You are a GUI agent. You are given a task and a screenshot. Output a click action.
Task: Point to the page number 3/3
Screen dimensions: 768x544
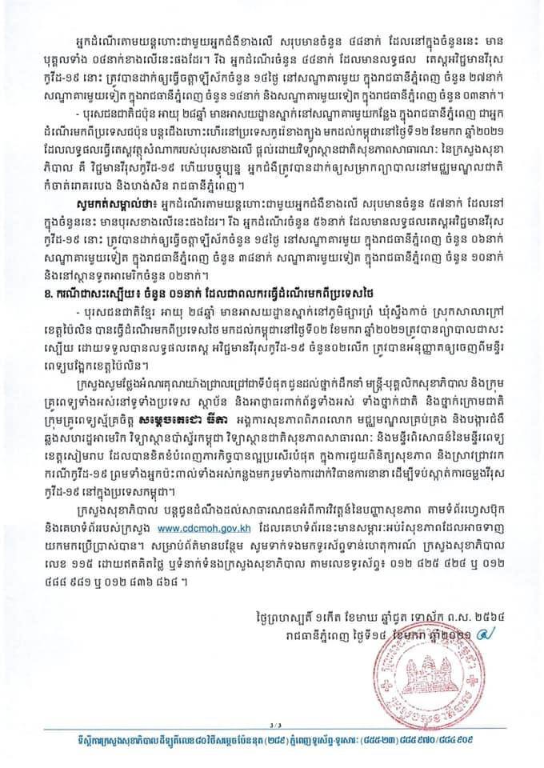274,727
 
